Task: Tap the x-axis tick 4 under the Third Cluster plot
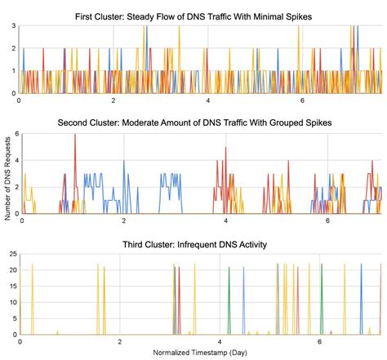click(x=220, y=341)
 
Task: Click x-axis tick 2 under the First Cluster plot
click(x=114, y=101)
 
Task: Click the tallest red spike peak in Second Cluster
click(x=75, y=136)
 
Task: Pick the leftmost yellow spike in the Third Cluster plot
click(x=32, y=264)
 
